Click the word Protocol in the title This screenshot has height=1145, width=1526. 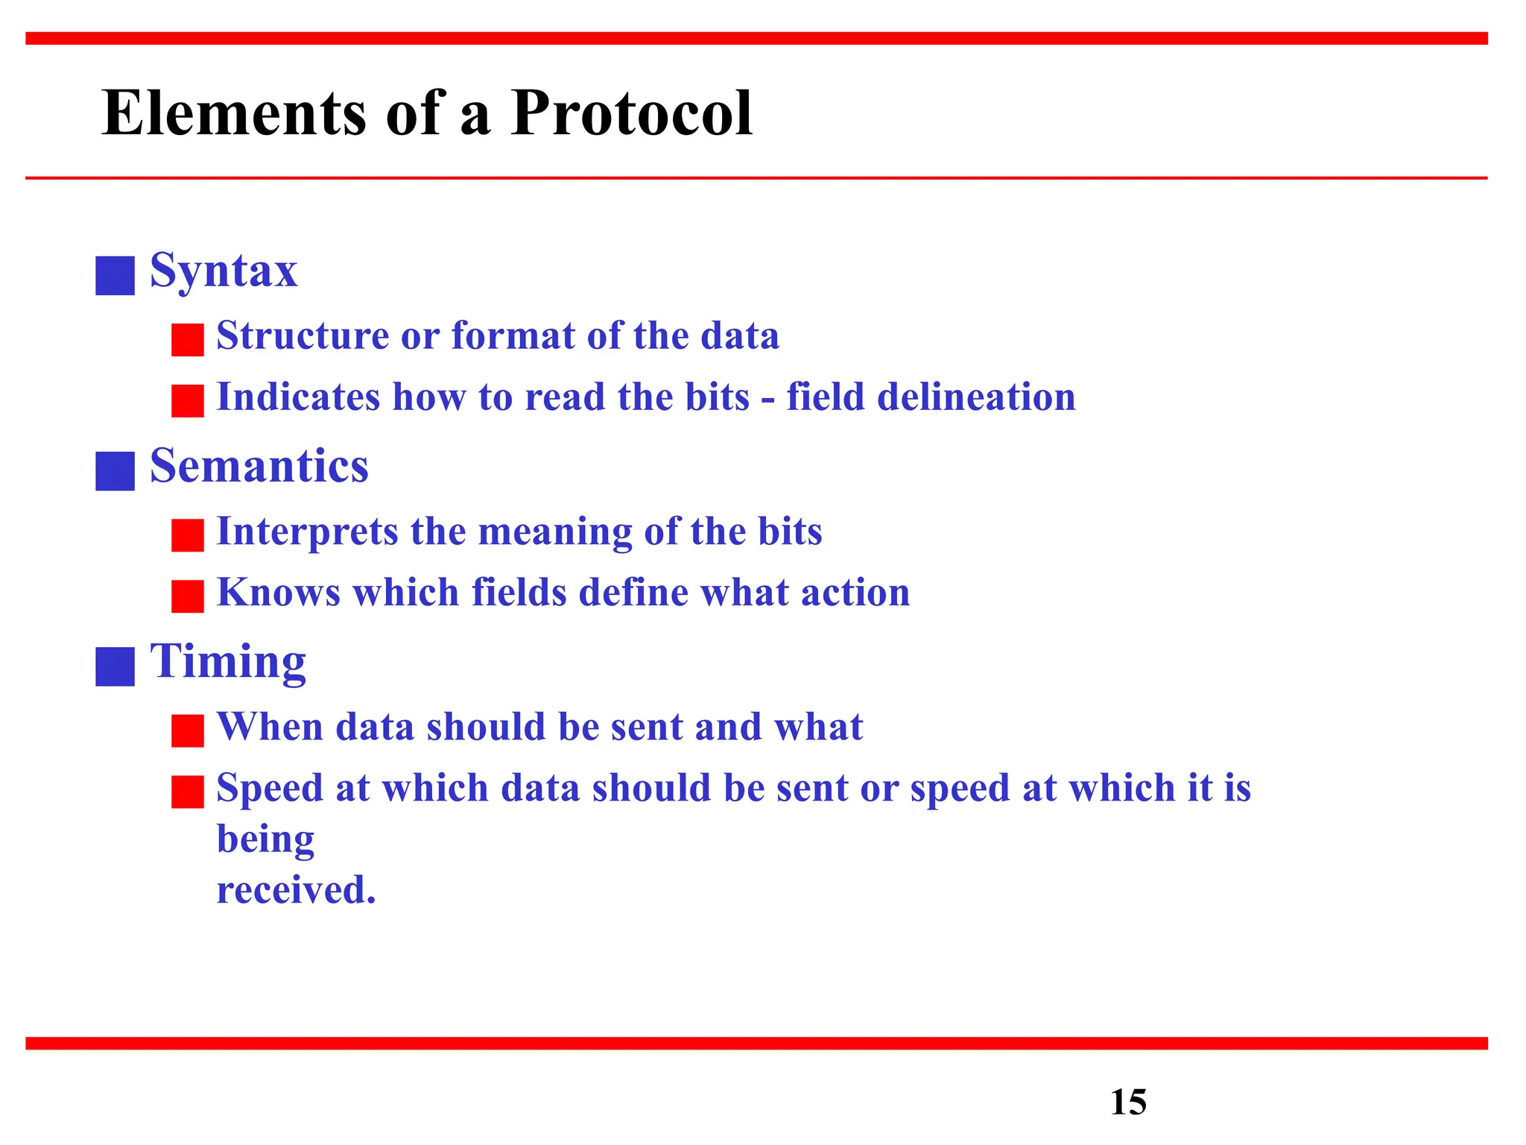[x=631, y=113]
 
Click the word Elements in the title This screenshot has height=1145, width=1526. [x=234, y=113]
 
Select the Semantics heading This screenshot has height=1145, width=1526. [x=259, y=466]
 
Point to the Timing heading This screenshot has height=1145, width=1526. [x=228, y=661]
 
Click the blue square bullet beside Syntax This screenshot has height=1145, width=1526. [x=115, y=276]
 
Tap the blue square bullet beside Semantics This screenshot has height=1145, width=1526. [x=115, y=471]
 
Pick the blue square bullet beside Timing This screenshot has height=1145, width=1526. [x=115, y=666]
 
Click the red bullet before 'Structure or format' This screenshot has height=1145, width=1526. [x=187, y=340]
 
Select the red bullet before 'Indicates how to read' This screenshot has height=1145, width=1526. [x=187, y=401]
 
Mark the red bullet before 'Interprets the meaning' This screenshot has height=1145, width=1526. [x=187, y=535]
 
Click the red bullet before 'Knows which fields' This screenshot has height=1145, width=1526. [x=187, y=596]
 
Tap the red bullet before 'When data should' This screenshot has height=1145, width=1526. [x=187, y=731]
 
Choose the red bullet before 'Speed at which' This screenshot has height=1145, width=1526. [x=187, y=792]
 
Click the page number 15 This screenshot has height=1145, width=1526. [x=1128, y=1102]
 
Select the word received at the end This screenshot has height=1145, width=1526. [x=296, y=890]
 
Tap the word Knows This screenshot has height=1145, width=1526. [x=278, y=593]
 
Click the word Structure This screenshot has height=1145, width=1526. [x=303, y=335]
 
